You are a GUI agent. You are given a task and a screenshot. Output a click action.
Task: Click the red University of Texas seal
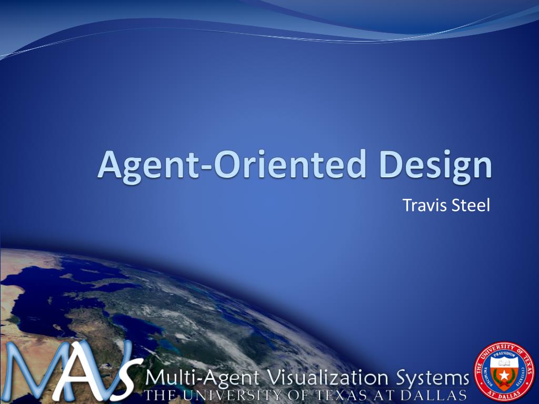click(x=504, y=372)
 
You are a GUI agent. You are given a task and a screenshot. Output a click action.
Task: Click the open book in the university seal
click(x=504, y=363)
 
